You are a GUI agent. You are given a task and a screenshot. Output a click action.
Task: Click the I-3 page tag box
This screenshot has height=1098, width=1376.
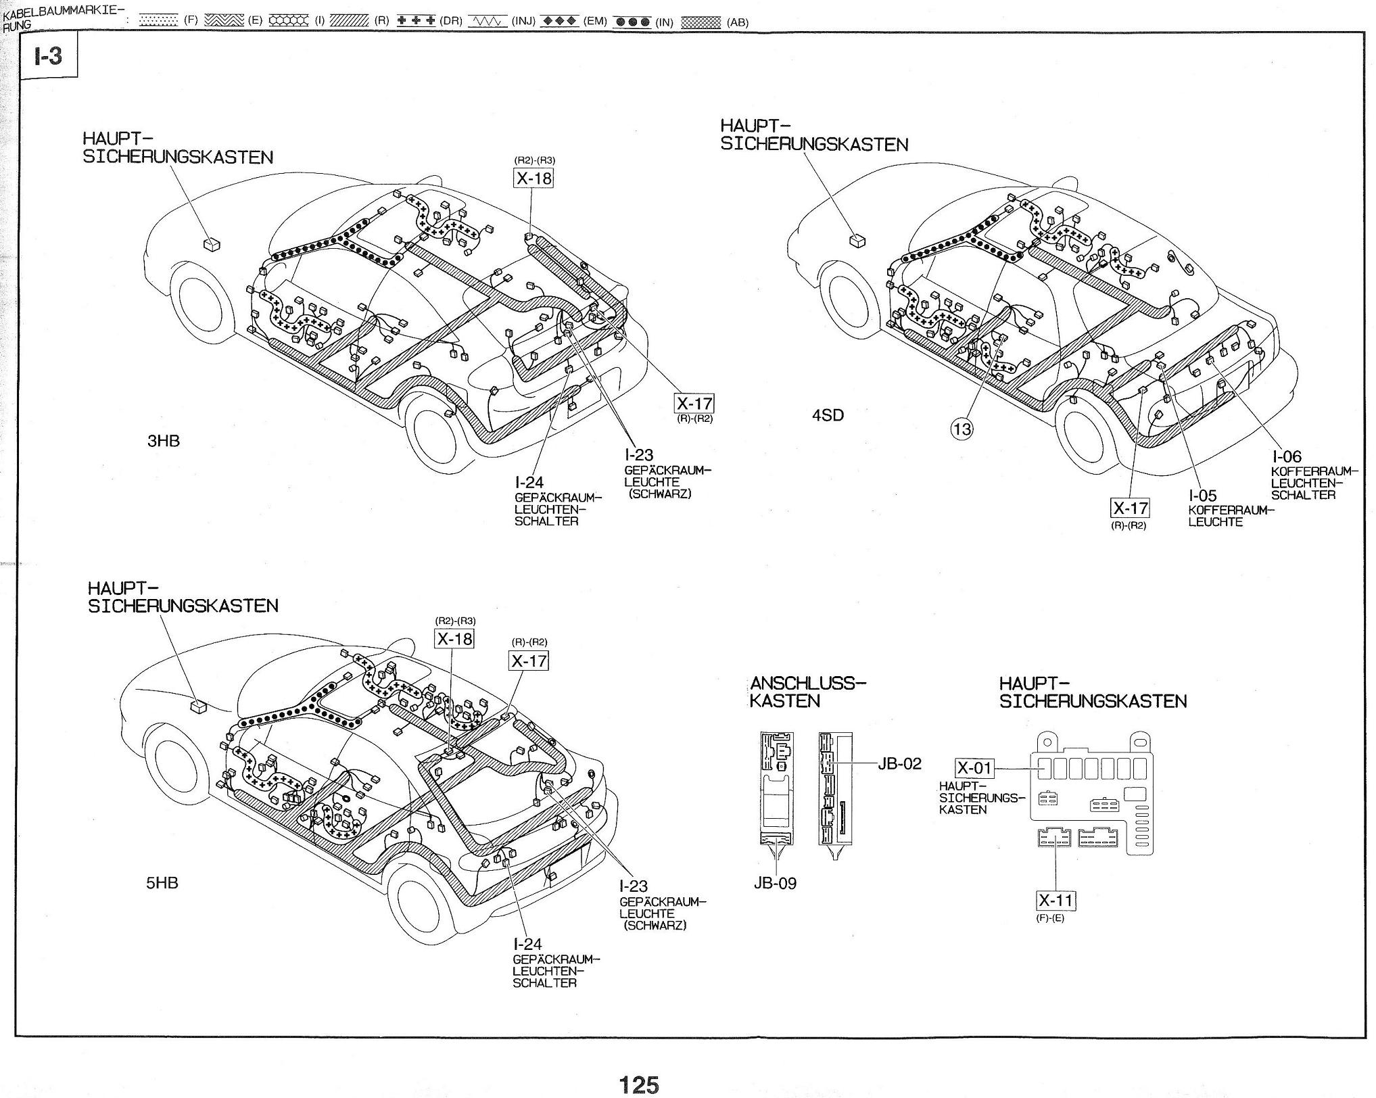tap(49, 55)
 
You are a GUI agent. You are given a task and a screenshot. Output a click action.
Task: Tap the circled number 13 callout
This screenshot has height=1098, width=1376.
tap(962, 429)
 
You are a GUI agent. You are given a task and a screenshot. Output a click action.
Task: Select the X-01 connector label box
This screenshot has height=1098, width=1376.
tap(974, 768)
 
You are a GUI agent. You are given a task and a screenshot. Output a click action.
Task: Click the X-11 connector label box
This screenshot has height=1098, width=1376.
tap(1055, 901)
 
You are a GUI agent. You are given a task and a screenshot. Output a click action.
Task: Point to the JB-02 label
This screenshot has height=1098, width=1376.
tap(899, 763)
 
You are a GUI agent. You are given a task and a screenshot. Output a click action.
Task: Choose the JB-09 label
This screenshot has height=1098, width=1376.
tap(775, 883)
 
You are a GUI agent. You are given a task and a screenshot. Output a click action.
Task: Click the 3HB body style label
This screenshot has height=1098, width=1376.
tap(164, 441)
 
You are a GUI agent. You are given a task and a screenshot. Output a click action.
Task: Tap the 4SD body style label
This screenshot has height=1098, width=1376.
tap(828, 415)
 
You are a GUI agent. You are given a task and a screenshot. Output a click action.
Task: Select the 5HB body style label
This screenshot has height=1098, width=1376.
tap(162, 882)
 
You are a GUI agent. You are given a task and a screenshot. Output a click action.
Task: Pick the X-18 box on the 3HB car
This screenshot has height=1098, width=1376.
tap(533, 178)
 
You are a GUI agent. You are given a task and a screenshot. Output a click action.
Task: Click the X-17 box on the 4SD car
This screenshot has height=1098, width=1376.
tap(1130, 508)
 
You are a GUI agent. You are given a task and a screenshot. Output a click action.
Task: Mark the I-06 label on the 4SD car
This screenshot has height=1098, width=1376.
tap(1286, 456)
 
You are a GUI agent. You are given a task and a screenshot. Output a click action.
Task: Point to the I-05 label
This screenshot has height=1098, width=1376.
tap(1202, 496)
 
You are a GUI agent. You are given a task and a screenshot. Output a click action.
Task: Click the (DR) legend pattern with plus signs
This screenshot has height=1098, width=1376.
tap(416, 20)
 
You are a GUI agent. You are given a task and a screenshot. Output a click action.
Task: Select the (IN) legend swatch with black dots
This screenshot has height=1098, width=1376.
tap(632, 21)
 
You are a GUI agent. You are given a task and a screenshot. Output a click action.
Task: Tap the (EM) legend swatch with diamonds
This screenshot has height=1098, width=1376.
tap(561, 20)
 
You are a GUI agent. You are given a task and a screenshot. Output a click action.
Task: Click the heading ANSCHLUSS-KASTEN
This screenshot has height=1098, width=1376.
tap(807, 692)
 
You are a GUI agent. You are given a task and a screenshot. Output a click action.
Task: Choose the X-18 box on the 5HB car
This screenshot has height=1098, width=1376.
tap(454, 638)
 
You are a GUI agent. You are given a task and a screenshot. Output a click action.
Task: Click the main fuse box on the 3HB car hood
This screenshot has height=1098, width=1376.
tap(212, 243)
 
